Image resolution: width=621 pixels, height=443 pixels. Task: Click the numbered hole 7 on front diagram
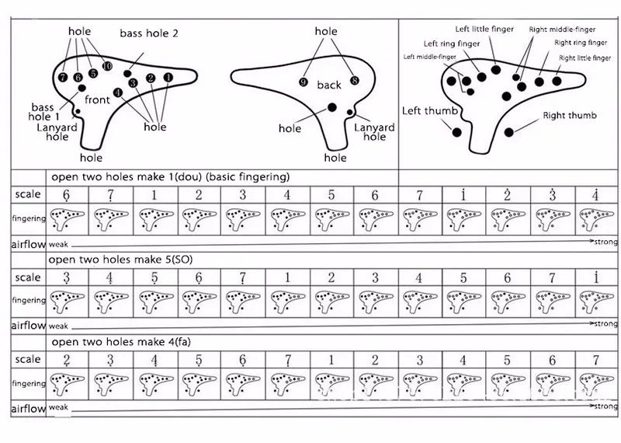coord(63,78)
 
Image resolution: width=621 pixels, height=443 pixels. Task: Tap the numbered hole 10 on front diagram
coord(107,67)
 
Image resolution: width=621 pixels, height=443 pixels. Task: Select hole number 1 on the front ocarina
coord(168,78)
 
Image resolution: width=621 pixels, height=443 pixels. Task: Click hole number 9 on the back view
coord(304,82)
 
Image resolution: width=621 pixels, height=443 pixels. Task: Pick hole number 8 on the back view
coord(355,80)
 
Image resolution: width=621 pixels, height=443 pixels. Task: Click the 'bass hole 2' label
coord(149,33)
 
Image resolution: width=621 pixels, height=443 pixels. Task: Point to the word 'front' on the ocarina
coord(97,99)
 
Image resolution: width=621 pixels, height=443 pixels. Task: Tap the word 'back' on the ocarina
coord(329,85)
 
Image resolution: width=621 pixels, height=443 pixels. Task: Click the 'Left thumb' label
coord(429,111)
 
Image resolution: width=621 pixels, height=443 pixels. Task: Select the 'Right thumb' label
coord(570,116)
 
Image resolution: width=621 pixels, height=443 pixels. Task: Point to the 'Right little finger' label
coord(583,58)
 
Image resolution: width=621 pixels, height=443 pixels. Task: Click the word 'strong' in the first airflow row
coord(605,242)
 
